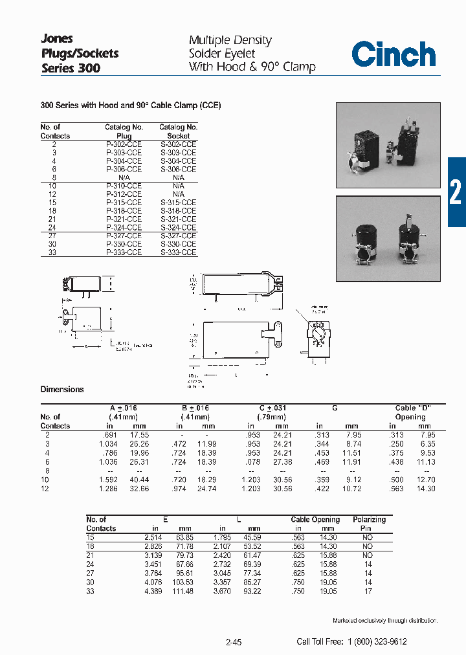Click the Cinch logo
pyautogui.click(x=394, y=54)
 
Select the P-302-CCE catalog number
pyautogui.click(x=124, y=144)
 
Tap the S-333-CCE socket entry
pyautogui.click(x=178, y=253)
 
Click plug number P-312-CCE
pyautogui.click(x=124, y=194)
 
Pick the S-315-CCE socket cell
pyautogui.click(x=178, y=203)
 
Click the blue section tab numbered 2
pyautogui.click(x=456, y=192)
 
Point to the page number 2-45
pyautogui.click(x=234, y=642)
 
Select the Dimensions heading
pyautogui.click(x=62, y=390)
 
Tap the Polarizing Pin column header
pyautogui.click(x=369, y=524)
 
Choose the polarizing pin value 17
pyautogui.click(x=368, y=590)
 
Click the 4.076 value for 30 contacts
pyautogui.click(x=153, y=582)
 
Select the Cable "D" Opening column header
pyautogui.click(x=412, y=412)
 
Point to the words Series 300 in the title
pyautogui.click(x=71, y=68)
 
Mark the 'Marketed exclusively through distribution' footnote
pyautogui.click(x=385, y=621)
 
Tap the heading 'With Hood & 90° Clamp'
pyautogui.click(x=252, y=67)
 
